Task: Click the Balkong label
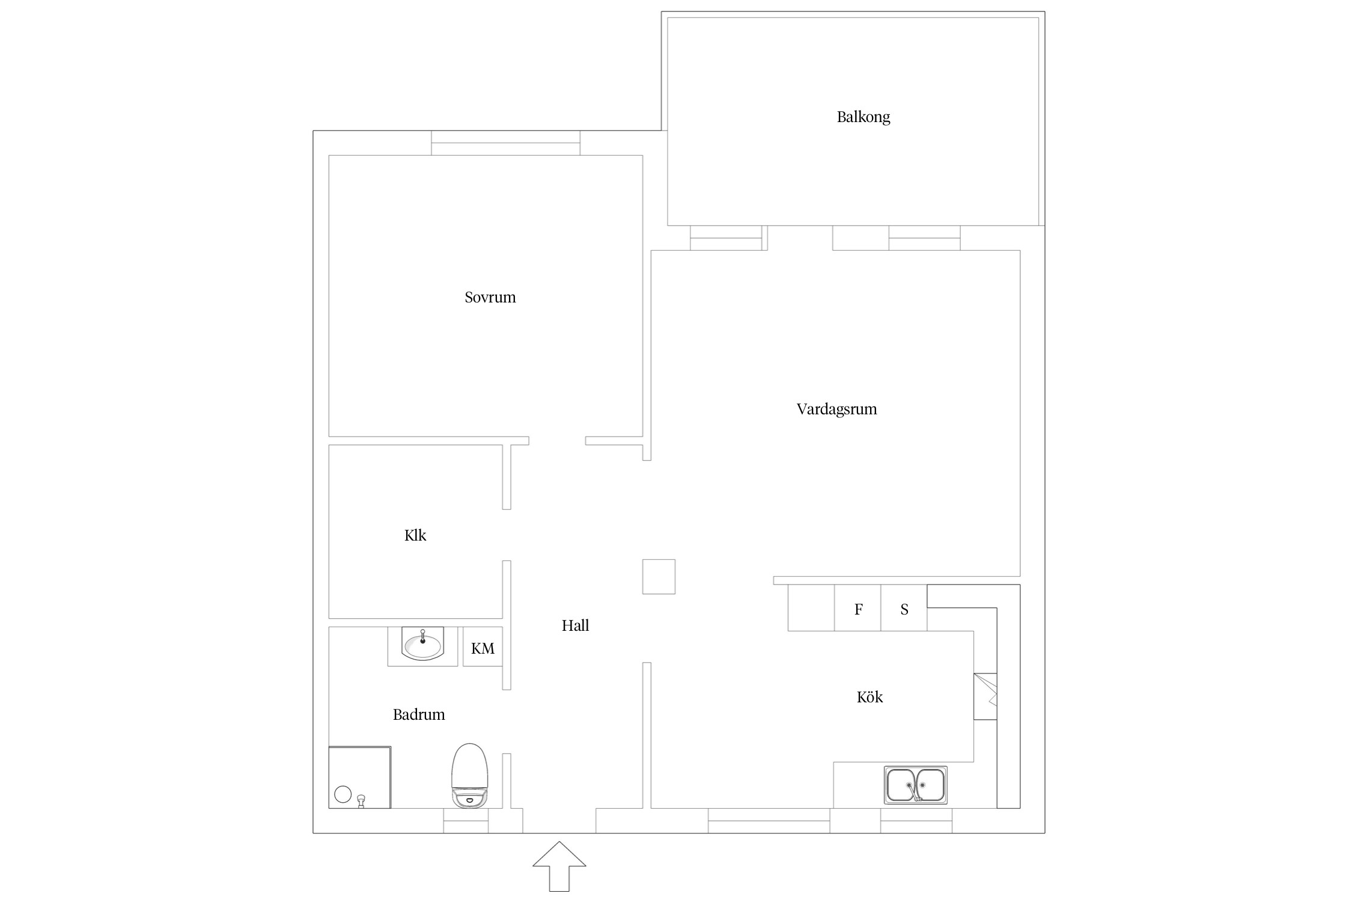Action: (863, 117)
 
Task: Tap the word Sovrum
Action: (490, 297)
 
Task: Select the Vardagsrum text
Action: (836, 410)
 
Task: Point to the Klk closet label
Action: (415, 535)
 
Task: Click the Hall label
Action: (575, 625)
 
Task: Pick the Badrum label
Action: (419, 714)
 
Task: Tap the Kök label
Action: (869, 697)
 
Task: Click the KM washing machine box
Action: (483, 646)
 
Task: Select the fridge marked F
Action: (857, 608)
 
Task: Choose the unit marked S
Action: (904, 608)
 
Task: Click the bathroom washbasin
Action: (422, 644)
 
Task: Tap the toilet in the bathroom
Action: (470, 775)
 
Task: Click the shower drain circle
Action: (343, 794)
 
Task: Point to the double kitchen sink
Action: (916, 785)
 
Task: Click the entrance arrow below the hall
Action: (559, 866)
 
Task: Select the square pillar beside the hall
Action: (659, 577)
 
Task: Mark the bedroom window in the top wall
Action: (505, 143)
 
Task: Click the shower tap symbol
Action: (361, 801)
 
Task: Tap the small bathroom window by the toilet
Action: (466, 821)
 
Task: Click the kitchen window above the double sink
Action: (916, 821)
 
